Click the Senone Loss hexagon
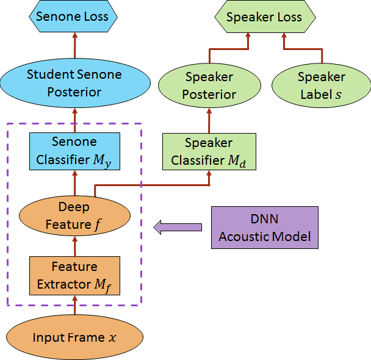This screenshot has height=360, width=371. [x=71, y=16]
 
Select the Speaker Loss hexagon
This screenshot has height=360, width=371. [x=264, y=16]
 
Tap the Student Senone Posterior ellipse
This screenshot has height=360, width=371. [x=74, y=84]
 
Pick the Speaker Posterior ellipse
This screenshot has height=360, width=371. [x=209, y=86]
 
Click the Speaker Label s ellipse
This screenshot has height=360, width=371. [x=321, y=86]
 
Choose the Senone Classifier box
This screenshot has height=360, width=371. [x=74, y=151]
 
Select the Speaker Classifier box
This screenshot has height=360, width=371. [x=209, y=152]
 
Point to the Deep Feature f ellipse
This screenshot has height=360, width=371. [x=74, y=216]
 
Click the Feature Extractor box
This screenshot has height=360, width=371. [x=74, y=276]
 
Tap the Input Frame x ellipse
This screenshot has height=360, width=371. [x=74, y=337]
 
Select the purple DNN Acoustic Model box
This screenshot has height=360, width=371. [x=264, y=228]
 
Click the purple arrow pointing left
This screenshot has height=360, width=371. [x=177, y=228]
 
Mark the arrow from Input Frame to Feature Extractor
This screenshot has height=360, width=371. [x=74, y=304]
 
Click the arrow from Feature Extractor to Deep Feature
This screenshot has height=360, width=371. [x=74, y=247]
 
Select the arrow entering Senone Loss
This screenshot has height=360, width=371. [x=74, y=46]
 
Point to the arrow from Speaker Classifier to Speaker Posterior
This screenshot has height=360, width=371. [x=209, y=120]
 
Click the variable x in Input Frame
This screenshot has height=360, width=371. [x=110, y=338]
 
